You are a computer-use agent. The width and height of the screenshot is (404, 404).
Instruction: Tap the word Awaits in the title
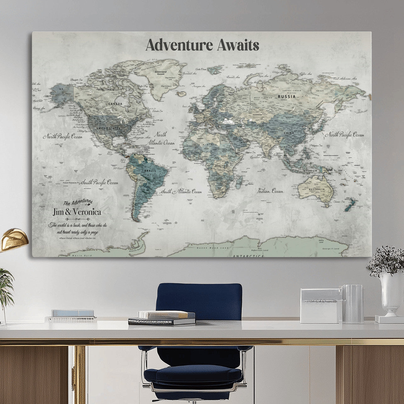pyautogui.click(x=238, y=45)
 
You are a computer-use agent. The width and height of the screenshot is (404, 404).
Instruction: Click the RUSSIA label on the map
pyautogui.click(x=287, y=97)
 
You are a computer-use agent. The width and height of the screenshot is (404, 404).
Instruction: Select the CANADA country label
pyautogui.click(x=115, y=104)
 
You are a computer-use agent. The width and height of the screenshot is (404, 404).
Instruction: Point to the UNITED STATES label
pyautogui.click(x=108, y=128)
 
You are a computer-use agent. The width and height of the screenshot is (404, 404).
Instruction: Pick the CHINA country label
pyautogui.click(x=289, y=133)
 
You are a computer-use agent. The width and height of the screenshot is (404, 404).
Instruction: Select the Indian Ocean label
pyautogui.click(x=270, y=191)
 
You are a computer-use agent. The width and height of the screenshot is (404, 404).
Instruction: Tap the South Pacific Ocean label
pyautogui.click(x=99, y=182)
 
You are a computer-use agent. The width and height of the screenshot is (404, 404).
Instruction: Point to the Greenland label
pyautogui.click(x=160, y=72)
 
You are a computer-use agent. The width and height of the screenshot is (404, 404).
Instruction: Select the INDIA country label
pyautogui.click(x=268, y=146)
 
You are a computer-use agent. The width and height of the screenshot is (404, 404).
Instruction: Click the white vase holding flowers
pyautogui.click(x=390, y=293)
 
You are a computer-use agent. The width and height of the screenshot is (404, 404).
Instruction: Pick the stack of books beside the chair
pyautogui.click(x=162, y=318)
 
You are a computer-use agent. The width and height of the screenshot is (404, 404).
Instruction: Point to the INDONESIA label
pyautogui.click(x=310, y=171)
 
